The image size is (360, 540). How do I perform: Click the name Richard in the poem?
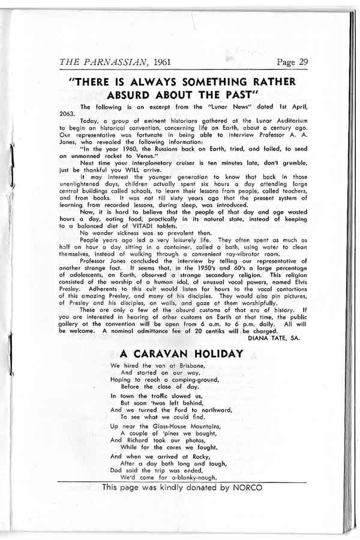point(143,440)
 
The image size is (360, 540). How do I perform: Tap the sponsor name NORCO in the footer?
point(245,487)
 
